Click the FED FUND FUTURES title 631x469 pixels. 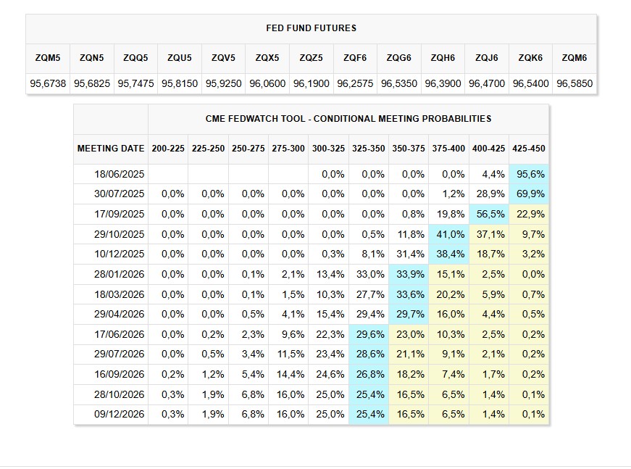coord(312,28)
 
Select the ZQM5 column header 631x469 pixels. coord(48,58)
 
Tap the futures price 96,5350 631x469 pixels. coord(398,83)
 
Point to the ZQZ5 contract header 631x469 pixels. coord(311,58)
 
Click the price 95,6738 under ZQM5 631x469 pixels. coord(48,83)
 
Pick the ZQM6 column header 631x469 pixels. coord(574,58)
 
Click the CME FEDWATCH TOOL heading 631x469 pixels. coord(348,118)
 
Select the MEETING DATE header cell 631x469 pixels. coord(111,149)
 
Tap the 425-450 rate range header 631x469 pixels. coord(529,149)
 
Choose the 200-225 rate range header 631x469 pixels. coord(168,149)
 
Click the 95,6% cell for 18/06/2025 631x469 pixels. coord(529,174)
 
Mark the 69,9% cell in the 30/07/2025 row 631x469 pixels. coord(529,194)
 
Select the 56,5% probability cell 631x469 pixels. coord(489,214)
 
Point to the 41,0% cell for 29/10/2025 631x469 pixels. coord(448,234)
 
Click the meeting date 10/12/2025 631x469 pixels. coord(120,254)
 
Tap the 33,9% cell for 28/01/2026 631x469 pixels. coord(409,274)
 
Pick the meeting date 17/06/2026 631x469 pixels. coord(120,334)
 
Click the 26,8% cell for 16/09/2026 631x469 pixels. coord(368,375)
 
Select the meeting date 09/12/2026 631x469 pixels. coord(120,415)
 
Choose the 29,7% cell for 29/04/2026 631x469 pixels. coord(409,315)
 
